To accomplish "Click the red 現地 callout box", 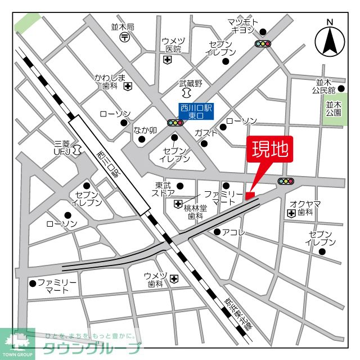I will pyautogui.click(x=269, y=150).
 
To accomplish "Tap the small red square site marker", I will pyautogui.click(x=250, y=195).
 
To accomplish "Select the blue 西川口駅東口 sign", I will pyautogui.click(x=197, y=111).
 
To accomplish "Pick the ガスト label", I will pyautogui.click(x=206, y=133).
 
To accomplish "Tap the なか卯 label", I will pyautogui.click(x=144, y=130).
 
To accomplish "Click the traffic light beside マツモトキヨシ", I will pyautogui.click(x=263, y=43).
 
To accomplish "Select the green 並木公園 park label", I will pyautogui.click(x=334, y=108).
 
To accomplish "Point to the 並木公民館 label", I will pyautogui.click(x=326, y=85).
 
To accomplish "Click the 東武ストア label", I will pyautogui.click(x=164, y=189).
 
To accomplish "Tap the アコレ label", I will pyautogui.click(x=233, y=232).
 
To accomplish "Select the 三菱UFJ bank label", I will pyautogui.click(x=63, y=147).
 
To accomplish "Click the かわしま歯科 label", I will pyautogui.click(x=109, y=82).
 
